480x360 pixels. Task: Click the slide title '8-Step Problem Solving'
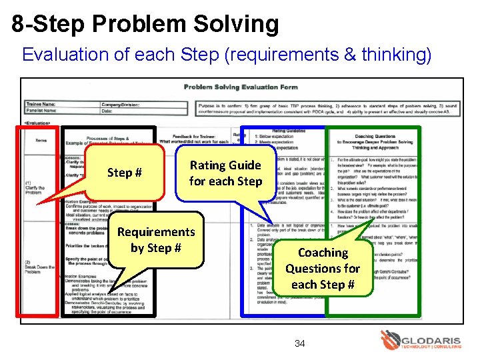[145, 24]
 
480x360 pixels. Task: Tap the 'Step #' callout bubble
[125, 173]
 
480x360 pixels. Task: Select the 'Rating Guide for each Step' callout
[225, 173]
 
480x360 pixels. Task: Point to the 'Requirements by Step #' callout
[156, 239]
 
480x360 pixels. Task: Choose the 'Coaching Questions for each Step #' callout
[323, 268]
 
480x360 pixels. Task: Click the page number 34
[300, 343]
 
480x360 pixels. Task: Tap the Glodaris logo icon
[390, 339]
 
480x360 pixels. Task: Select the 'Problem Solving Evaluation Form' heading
[241, 87]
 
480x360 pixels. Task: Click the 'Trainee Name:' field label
[41, 104]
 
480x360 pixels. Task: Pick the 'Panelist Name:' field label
[42, 111]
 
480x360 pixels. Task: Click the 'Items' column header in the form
[41, 139]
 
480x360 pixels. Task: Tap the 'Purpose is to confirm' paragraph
[327, 107]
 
